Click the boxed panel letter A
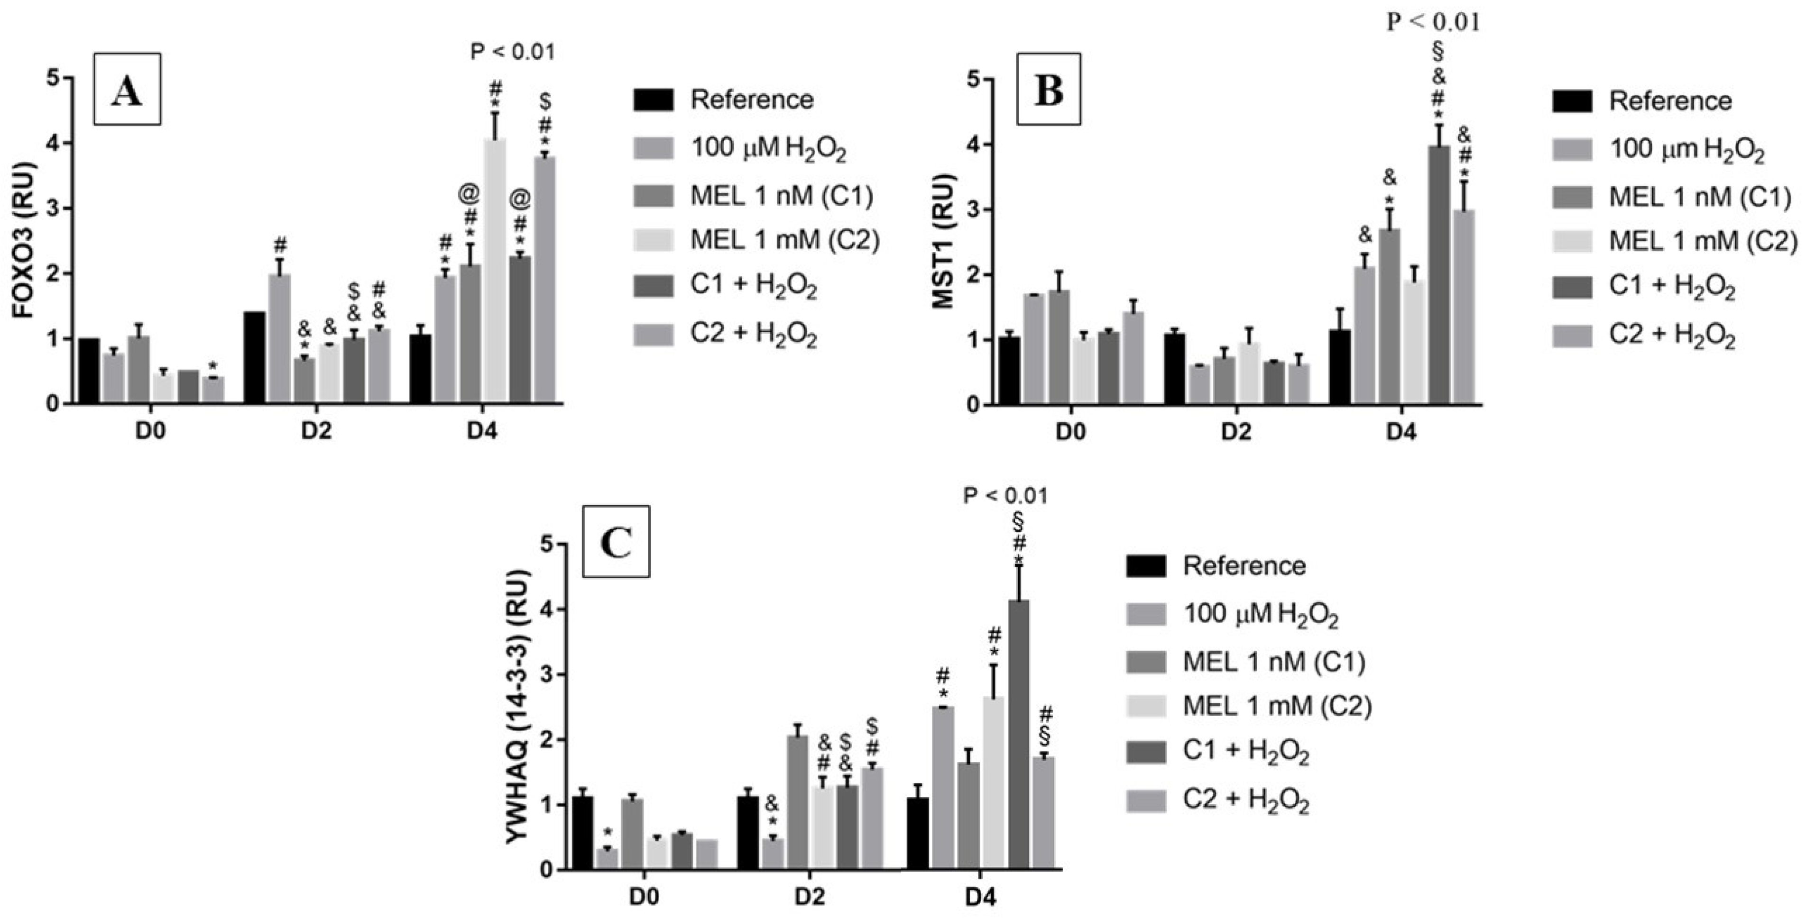coord(127,89)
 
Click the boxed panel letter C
coord(617,542)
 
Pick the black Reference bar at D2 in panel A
coord(254,358)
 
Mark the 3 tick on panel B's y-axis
coord(972,209)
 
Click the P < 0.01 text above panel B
coord(1434,22)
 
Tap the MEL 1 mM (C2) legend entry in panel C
coord(1276,706)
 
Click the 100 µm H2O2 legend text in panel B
coord(1686,150)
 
